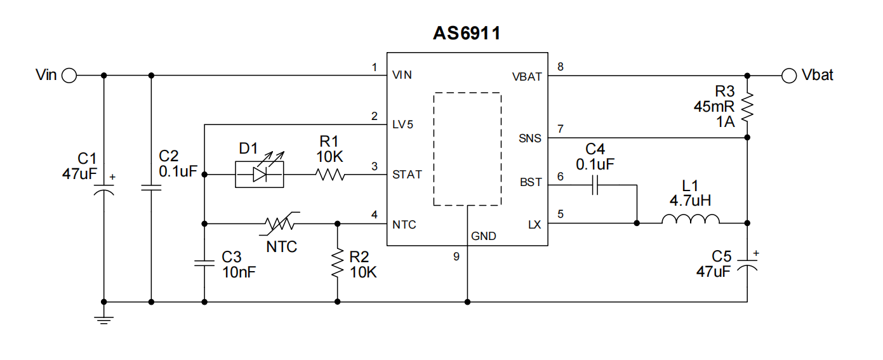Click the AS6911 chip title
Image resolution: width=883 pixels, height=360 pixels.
[x=467, y=33]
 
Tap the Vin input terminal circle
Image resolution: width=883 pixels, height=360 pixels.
[x=69, y=76]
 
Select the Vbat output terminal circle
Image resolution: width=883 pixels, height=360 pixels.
[x=789, y=76]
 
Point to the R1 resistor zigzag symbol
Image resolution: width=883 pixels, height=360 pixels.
[x=330, y=174]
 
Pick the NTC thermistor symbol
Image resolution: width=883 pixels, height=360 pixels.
[x=279, y=223]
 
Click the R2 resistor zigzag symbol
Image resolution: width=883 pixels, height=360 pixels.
[x=338, y=263]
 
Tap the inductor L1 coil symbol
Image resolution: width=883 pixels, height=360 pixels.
[x=691, y=219]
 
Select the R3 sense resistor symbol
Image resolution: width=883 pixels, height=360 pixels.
[x=747, y=107]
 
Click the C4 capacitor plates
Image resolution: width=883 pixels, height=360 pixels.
[x=595, y=185]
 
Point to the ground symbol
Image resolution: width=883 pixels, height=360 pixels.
[x=103, y=320]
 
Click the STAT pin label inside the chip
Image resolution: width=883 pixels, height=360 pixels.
[x=407, y=174]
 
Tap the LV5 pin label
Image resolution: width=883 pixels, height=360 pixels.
[x=402, y=124]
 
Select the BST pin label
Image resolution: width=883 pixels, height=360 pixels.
[x=531, y=182]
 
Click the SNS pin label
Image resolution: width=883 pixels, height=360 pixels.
[x=530, y=138]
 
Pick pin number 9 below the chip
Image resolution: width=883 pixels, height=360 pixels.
[x=456, y=257]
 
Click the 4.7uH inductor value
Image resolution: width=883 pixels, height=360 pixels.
[x=690, y=201]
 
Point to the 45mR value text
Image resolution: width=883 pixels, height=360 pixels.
[x=714, y=107]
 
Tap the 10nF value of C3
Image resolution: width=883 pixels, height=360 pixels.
[x=239, y=272]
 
